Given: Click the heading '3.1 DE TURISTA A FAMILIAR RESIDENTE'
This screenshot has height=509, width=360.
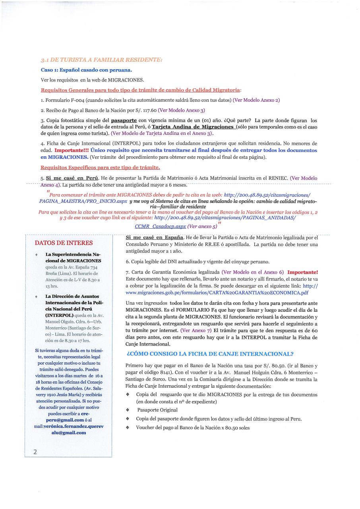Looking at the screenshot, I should [101, 60].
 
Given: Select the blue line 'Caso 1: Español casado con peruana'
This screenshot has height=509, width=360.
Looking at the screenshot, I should [86, 70].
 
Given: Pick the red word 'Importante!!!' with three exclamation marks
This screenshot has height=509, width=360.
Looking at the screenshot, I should [72, 151].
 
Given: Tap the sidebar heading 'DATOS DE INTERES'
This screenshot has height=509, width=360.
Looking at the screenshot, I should [64, 243].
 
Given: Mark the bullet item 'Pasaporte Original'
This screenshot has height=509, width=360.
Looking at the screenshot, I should [157, 410].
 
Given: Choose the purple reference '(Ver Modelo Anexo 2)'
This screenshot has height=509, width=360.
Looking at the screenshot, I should [257, 100].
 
